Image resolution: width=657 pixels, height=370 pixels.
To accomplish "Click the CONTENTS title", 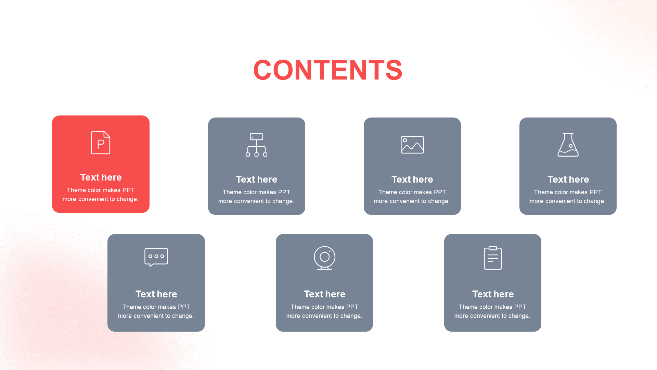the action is pos(327,70).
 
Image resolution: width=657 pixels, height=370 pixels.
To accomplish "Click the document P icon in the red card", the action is pos(101,143).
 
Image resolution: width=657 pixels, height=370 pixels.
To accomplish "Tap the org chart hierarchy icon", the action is pos(256,145).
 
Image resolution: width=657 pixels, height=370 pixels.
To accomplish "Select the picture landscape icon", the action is pos(412,145).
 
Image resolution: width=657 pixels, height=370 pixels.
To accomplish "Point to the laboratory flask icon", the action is pos(568,145).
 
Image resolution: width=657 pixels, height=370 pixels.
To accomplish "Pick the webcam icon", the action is pos(324,258).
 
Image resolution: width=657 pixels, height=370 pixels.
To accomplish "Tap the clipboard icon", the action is pos(493,258).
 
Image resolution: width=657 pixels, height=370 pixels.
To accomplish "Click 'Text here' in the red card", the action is pos(101,177).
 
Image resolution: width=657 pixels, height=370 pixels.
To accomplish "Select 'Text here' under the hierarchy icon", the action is pos(257,180).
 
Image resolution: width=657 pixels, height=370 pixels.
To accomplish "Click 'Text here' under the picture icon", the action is pos(412,180).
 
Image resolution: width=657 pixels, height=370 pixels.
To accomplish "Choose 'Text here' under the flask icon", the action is pos(568,180).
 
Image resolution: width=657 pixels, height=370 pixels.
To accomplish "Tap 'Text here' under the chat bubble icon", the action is pos(156,294).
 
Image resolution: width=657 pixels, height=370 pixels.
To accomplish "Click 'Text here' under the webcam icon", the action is pos(325,294).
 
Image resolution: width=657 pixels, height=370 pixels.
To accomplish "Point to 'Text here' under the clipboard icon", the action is pos(493,294).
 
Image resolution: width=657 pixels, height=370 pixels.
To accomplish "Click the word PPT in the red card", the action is pos(128,190).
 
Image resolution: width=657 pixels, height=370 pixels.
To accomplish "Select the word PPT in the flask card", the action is pos(595,192).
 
